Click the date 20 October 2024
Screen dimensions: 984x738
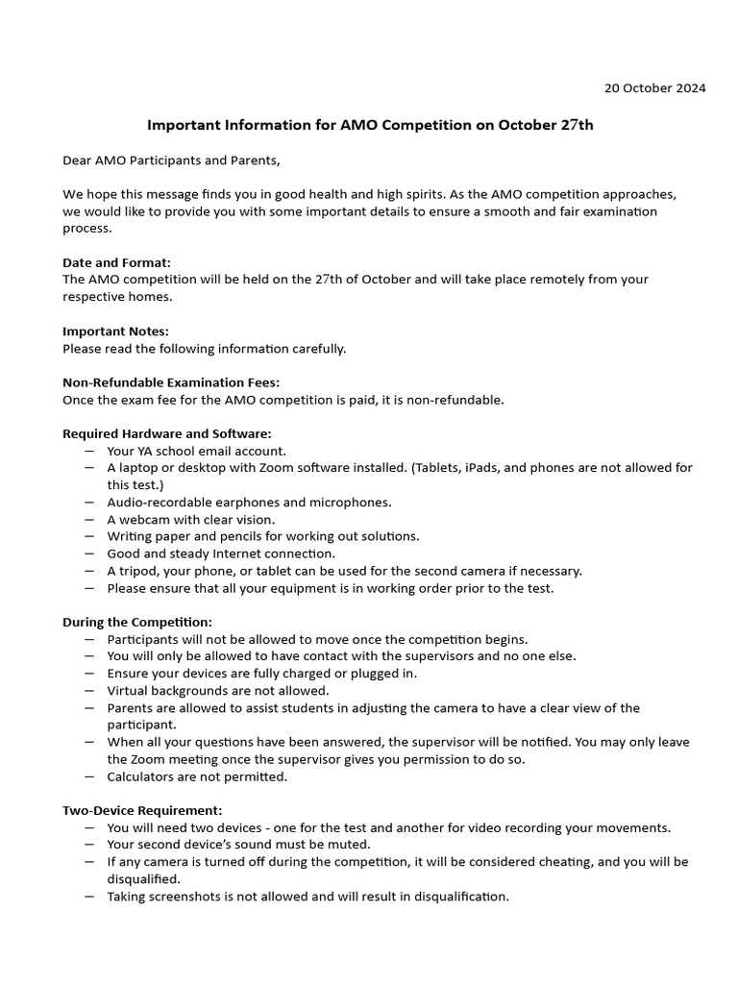coord(654,88)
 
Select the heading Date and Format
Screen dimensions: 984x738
coord(116,262)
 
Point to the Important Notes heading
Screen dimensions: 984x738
coord(115,332)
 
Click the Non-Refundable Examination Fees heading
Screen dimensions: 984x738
coord(171,382)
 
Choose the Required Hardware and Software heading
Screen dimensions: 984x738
coord(166,433)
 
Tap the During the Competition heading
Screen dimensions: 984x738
coord(137,622)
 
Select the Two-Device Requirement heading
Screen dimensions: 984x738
coord(142,810)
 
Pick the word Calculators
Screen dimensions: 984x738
coord(141,776)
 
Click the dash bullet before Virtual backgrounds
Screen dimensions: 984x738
coord(89,691)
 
